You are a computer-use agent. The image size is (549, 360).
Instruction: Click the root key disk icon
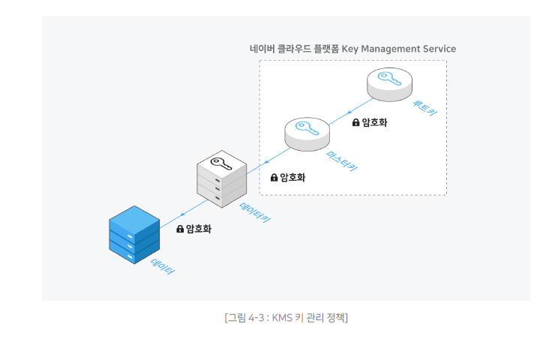pyautogui.click(x=389, y=83)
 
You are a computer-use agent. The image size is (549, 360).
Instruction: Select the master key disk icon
pyautogui.click(x=307, y=133)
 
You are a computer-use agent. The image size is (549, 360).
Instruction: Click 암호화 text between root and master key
pyautogui.click(x=374, y=122)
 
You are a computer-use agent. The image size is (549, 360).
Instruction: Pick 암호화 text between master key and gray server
pyautogui.click(x=292, y=177)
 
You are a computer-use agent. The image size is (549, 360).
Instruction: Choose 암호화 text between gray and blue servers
pyautogui.click(x=199, y=229)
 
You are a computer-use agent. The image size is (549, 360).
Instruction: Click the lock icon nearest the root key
pyautogui.click(x=356, y=122)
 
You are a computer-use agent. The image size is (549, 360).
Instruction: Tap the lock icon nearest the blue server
pyautogui.click(x=180, y=229)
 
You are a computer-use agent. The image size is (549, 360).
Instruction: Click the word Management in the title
pyautogui.click(x=391, y=49)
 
